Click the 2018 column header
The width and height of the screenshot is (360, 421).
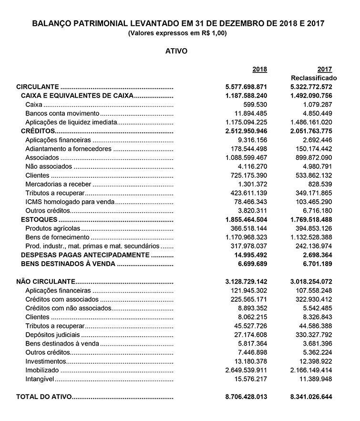pos(259,69)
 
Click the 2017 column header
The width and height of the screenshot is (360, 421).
pos(324,69)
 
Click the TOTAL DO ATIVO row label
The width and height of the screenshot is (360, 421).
pos(44,397)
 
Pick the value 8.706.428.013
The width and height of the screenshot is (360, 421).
pos(246,397)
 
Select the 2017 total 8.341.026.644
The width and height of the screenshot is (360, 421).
pos(311,397)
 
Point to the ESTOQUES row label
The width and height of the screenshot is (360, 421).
pos(39,219)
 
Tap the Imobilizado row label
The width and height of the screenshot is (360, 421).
pos(42,370)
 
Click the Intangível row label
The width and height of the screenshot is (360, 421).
pos(40,379)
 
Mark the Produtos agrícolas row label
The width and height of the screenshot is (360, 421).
pos(52,228)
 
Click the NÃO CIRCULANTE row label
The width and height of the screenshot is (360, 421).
pos(46,281)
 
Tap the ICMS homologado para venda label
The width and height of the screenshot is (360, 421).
pos(70,202)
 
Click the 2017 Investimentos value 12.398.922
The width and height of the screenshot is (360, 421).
pos(315,361)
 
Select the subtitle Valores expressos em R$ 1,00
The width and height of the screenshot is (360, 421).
pos(177,33)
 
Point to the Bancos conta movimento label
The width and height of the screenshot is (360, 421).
pos(62,113)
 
